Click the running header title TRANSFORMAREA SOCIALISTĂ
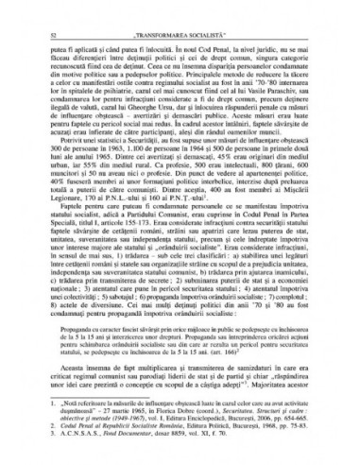[184, 10]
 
